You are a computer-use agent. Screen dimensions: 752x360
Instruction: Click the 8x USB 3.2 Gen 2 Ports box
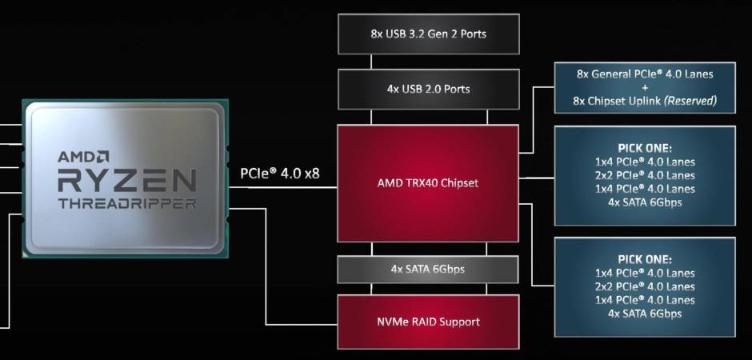pos(428,34)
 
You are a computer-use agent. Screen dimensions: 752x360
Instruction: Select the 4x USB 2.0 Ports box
pos(428,89)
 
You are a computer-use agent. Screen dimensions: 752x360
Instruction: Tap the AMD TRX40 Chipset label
pos(428,183)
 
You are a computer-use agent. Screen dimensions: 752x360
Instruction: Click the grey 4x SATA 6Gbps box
pos(428,269)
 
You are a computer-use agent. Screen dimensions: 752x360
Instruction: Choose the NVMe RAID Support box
pos(428,322)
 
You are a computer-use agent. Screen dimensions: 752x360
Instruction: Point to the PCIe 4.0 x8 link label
pos(280,173)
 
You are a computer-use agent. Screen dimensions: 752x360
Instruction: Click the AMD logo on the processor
pos(83,157)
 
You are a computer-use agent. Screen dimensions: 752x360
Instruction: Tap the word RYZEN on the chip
pos(127,180)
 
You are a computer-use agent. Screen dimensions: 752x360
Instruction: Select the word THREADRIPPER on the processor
pos(127,203)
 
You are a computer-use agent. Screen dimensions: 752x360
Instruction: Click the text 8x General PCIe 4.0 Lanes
pos(645,74)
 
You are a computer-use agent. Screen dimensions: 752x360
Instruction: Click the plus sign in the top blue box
pos(645,88)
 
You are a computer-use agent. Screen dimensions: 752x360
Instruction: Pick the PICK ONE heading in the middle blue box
pos(645,148)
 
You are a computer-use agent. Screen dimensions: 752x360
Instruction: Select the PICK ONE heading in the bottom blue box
pos(645,259)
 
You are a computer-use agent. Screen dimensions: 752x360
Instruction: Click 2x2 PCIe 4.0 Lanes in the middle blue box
pos(645,175)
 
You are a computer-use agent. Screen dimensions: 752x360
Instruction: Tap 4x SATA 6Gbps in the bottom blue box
pos(645,314)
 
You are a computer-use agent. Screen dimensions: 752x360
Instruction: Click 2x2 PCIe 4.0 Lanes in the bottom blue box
pos(645,286)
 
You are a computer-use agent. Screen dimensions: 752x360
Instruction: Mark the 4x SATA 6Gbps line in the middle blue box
pos(645,202)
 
